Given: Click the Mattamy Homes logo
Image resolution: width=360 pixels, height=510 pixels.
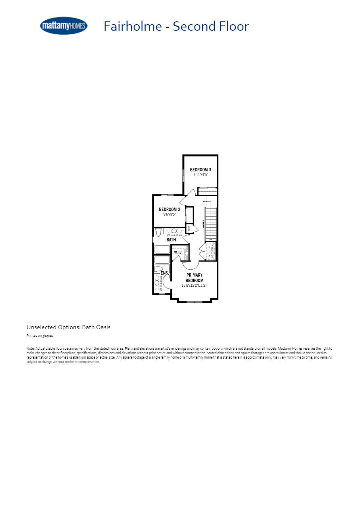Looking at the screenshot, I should (64, 26).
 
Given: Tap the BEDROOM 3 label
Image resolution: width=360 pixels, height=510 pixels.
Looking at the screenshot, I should (201, 170).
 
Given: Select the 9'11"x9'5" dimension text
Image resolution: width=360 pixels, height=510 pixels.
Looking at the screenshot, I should (201, 175).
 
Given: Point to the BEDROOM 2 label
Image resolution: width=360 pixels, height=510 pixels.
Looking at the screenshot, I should (170, 210).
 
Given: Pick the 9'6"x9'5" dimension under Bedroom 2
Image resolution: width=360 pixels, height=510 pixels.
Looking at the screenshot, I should (170, 214).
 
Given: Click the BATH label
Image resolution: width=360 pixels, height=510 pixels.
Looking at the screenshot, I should (171, 240).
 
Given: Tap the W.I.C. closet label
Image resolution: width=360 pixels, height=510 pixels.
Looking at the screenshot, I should (178, 252).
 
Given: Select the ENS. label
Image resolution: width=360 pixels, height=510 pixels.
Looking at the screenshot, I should (165, 273).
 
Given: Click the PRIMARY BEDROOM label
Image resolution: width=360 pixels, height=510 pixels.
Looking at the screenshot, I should (195, 278).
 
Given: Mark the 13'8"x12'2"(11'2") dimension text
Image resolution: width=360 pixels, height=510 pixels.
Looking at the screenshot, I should (195, 285).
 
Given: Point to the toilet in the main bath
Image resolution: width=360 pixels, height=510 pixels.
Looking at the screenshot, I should (159, 232).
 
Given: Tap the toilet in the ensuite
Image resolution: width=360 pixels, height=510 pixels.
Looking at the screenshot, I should (159, 269).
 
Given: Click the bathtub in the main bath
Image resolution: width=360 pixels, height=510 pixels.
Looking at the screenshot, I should (163, 250).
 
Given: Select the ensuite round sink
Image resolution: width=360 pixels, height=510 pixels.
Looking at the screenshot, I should (157, 283).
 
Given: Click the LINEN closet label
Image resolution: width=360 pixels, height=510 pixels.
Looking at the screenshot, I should (188, 229).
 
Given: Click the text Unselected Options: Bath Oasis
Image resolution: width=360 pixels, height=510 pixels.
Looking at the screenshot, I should (69, 327).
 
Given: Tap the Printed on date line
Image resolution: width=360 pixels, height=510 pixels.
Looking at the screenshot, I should (40, 336).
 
